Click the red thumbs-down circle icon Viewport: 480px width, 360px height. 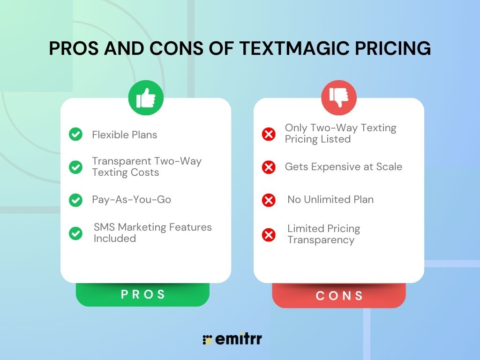(338, 97)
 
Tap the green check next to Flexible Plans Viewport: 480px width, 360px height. (75, 135)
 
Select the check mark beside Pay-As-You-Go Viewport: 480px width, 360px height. (75, 200)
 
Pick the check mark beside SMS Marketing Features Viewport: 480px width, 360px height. (75, 233)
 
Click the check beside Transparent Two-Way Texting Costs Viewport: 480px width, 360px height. (75, 167)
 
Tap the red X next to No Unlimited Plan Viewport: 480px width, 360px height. (269, 200)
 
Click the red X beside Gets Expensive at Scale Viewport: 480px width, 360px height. (269, 167)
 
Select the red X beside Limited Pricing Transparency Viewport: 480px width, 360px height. (269, 234)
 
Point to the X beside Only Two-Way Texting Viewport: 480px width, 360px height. (269, 134)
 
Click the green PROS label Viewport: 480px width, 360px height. (143, 294)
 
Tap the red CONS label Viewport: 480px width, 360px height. (339, 296)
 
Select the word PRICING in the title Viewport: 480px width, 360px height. (393, 49)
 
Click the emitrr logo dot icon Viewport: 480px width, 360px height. (207, 339)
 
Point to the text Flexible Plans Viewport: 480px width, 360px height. (125, 135)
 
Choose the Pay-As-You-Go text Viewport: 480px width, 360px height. (131, 200)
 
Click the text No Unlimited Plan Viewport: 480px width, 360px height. (330, 200)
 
